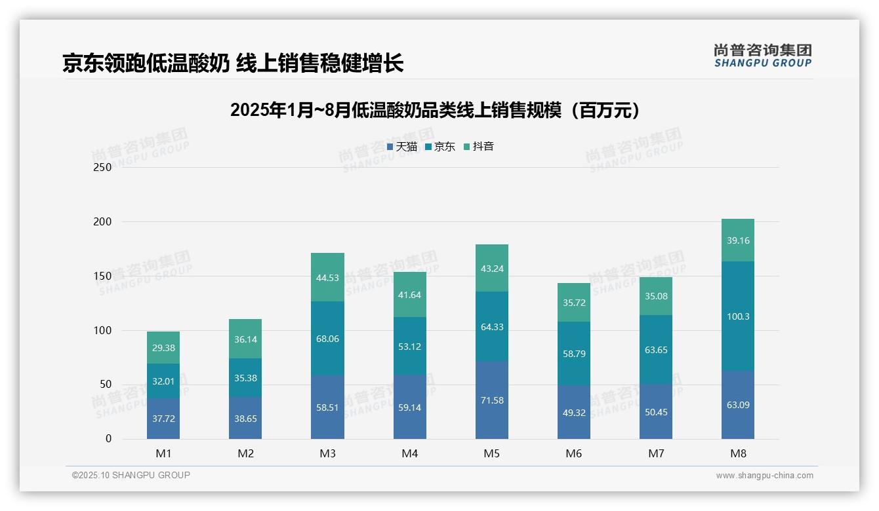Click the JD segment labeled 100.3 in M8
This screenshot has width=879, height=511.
click(x=738, y=316)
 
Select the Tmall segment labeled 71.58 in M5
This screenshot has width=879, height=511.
click(x=492, y=400)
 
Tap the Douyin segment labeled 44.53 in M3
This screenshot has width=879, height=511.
click(x=327, y=277)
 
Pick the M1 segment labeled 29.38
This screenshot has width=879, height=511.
click(x=163, y=348)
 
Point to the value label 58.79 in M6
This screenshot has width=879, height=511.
click(x=574, y=354)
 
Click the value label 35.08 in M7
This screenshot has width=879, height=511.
click(x=656, y=296)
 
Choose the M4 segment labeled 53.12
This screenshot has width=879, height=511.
click(x=410, y=347)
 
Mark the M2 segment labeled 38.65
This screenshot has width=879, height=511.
click(x=245, y=418)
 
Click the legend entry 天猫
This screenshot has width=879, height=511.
click(x=401, y=147)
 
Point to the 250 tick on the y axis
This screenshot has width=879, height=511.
click(x=103, y=168)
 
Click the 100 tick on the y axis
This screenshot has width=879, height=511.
click(x=103, y=331)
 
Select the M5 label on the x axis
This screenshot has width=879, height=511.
click(x=492, y=453)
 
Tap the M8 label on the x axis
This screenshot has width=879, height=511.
click(x=738, y=453)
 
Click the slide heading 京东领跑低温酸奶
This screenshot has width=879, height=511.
click(x=233, y=64)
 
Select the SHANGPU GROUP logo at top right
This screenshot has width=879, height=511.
click(x=762, y=56)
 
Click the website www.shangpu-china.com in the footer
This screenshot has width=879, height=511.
click(x=764, y=476)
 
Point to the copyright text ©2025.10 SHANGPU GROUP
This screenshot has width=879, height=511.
click(x=131, y=476)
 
